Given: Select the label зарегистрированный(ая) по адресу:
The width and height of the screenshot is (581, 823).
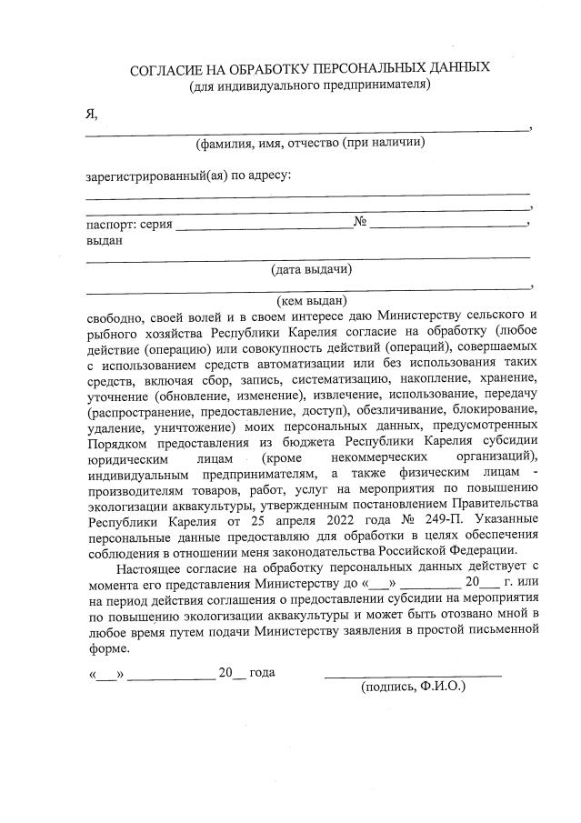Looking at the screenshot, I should (x=188, y=174).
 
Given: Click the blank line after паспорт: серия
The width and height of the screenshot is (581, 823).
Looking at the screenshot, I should (x=264, y=226).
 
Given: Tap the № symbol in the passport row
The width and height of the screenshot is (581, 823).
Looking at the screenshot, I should (x=360, y=223).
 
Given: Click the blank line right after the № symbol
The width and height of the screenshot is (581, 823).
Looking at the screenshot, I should (x=447, y=226).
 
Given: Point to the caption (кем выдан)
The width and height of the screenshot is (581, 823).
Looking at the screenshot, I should (x=312, y=298).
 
